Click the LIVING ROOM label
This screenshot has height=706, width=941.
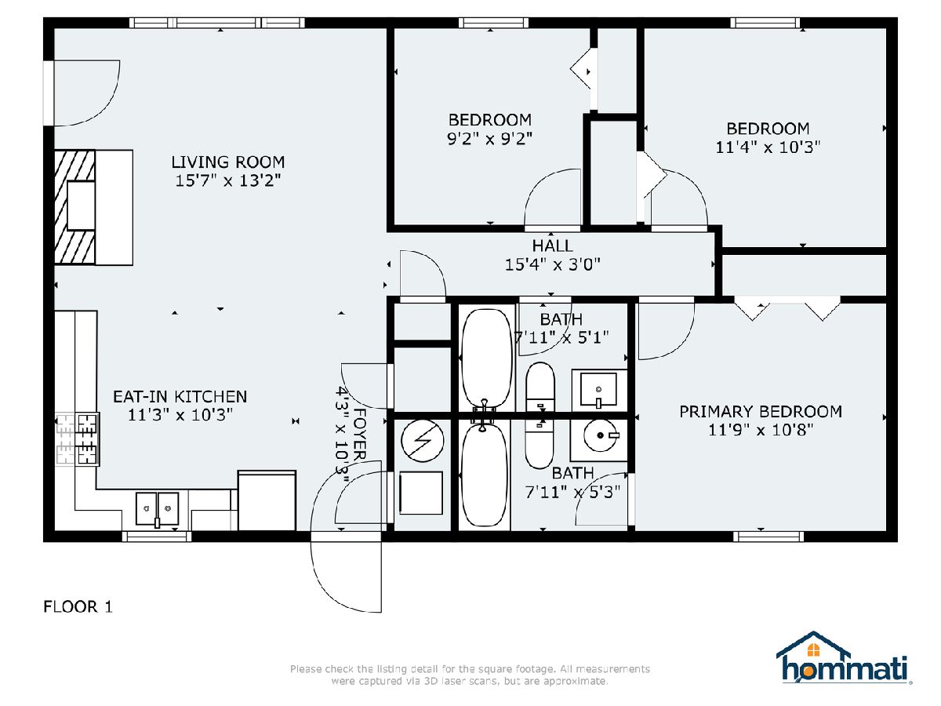(x=228, y=162)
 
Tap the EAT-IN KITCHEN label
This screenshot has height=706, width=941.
(x=180, y=396)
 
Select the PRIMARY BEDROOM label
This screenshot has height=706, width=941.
(x=761, y=412)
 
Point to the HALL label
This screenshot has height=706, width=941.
(x=552, y=246)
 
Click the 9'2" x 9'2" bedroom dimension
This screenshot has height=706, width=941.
(x=489, y=139)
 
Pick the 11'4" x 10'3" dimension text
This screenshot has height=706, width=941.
(x=768, y=147)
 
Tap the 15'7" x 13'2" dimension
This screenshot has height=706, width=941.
(x=228, y=180)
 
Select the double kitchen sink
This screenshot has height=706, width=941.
(x=157, y=509)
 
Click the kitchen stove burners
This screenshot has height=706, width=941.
(x=78, y=439)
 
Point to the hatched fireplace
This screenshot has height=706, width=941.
(x=74, y=206)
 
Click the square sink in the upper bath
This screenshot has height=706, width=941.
(x=598, y=390)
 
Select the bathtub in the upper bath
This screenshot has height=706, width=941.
(x=486, y=358)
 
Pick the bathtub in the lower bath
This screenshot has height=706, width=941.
(x=485, y=475)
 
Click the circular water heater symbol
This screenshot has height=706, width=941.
(x=422, y=441)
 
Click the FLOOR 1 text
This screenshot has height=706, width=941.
(x=78, y=607)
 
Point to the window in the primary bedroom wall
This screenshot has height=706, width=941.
(x=768, y=537)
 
